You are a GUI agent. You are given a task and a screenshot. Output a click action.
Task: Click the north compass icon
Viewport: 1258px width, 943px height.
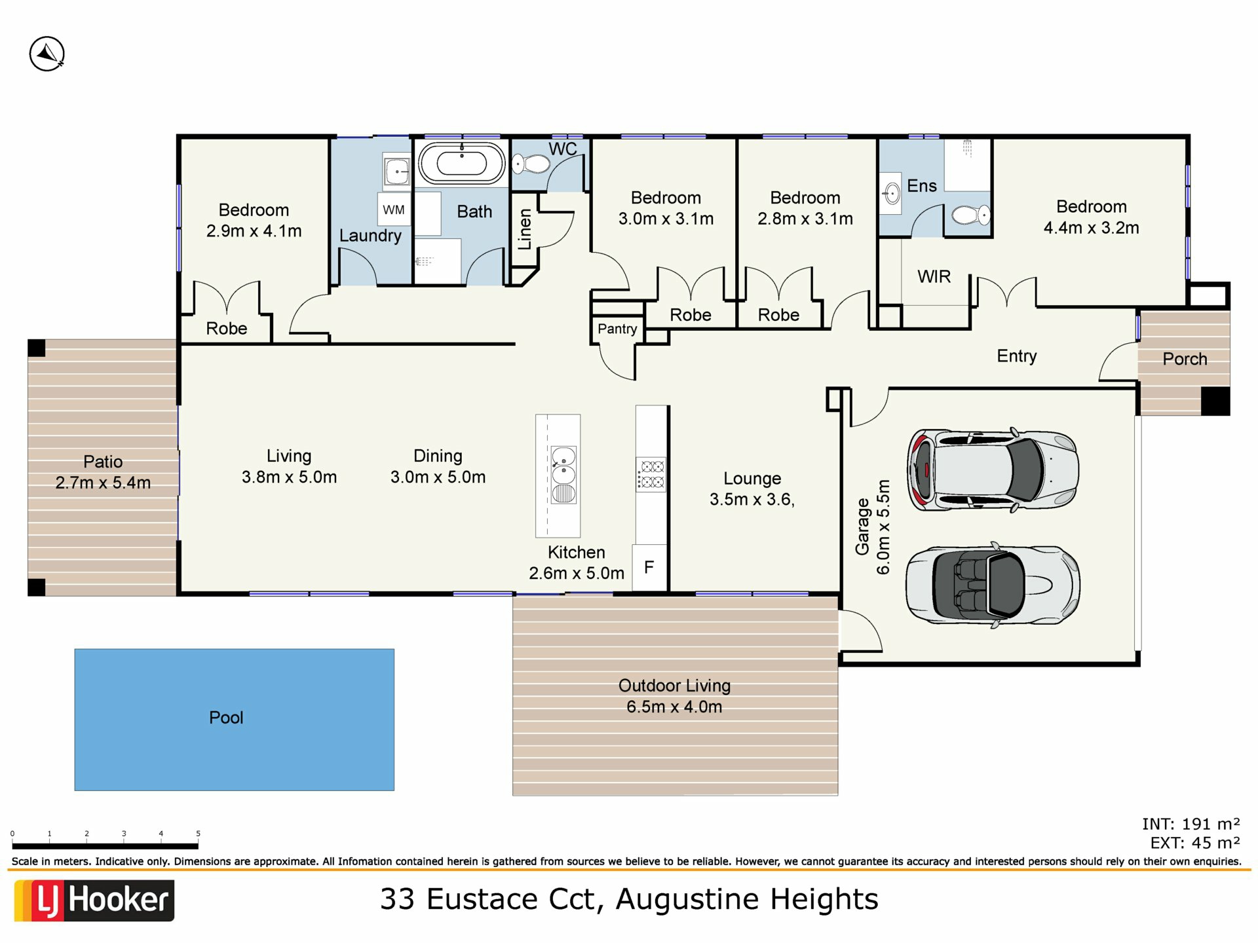(47, 54)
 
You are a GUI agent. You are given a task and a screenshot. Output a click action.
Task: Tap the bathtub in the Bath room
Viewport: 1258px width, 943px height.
(462, 163)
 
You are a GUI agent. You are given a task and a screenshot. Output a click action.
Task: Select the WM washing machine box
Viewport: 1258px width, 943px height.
(394, 210)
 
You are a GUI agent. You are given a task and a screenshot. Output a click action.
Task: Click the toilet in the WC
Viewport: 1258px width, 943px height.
(531, 164)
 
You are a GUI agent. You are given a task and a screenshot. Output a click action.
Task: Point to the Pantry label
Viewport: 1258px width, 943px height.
(617, 329)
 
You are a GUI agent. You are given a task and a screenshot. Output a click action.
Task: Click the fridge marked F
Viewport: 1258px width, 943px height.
(649, 567)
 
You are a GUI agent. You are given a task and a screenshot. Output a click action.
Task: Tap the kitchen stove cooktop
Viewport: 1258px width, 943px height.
(651, 474)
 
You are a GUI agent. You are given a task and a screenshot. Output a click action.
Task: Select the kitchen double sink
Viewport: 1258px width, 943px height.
(563, 475)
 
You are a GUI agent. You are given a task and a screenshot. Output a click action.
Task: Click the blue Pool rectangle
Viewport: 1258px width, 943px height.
(235, 720)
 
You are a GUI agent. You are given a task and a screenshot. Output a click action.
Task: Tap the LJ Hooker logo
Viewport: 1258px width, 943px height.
(94, 900)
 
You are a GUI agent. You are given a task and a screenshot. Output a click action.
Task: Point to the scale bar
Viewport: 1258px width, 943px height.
(105, 845)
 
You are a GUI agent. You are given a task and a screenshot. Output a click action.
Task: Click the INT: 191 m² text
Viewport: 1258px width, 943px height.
(1191, 824)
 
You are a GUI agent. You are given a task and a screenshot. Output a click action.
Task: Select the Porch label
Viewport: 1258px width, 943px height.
(1185, 359)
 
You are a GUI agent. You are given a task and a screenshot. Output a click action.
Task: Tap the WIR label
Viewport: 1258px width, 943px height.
(934, 276)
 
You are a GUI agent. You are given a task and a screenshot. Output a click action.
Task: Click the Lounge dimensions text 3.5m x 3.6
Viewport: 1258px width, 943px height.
(752, 500)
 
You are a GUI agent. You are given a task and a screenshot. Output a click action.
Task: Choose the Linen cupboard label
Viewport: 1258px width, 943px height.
(524, 229)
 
